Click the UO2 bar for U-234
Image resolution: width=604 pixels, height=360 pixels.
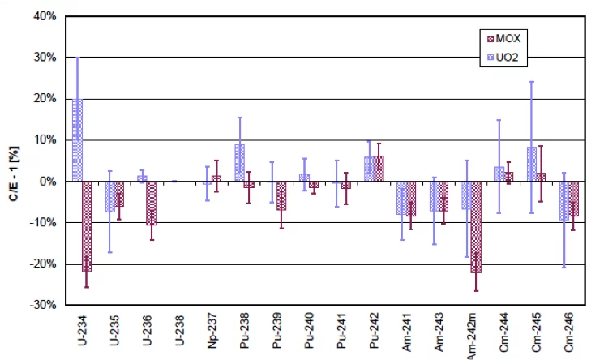pos(77,140)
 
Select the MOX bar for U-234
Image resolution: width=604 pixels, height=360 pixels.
pos(87,226)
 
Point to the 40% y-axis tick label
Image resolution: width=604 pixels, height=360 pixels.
pos(43,16)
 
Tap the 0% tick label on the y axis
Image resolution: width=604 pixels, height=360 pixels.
pos(46,182)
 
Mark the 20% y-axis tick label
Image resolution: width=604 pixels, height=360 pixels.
pos(43,99)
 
